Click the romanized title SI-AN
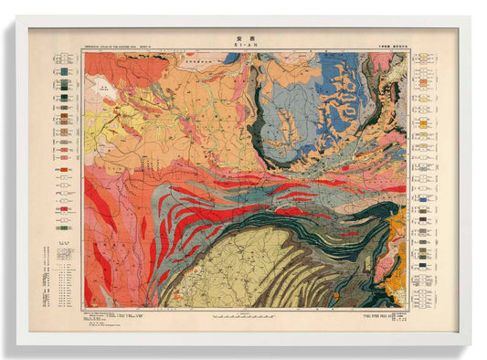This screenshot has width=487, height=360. coord(243,46)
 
